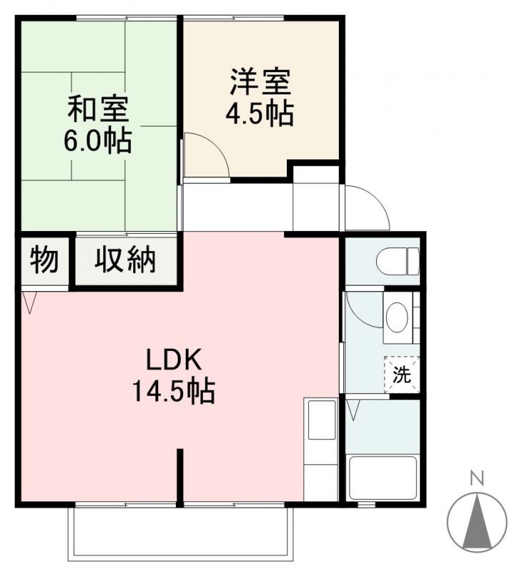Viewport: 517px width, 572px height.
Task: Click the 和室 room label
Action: (x=98, y=111)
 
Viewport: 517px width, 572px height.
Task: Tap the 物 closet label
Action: (x=44, y=261)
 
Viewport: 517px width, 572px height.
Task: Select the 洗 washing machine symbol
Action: (x=402, y=374)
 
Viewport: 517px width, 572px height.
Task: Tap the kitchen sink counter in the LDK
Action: (x=320, y=450)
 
